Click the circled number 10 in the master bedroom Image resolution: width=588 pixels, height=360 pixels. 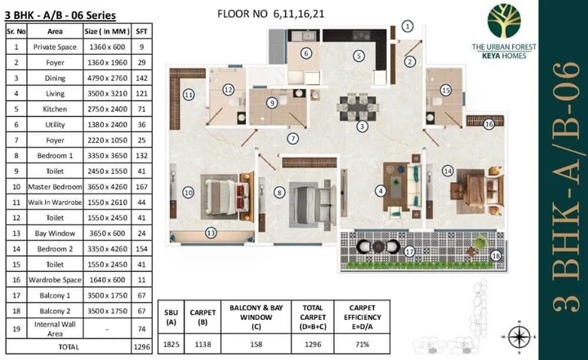188,193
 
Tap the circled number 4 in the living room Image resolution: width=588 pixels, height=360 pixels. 380,191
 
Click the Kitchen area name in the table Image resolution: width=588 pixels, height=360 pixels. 56,108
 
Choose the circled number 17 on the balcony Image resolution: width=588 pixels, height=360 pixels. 409,252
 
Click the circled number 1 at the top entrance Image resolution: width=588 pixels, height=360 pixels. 408,27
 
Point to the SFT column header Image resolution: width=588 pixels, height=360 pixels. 141,31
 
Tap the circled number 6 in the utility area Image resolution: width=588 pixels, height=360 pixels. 305,54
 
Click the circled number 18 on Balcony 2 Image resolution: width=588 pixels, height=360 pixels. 495,256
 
